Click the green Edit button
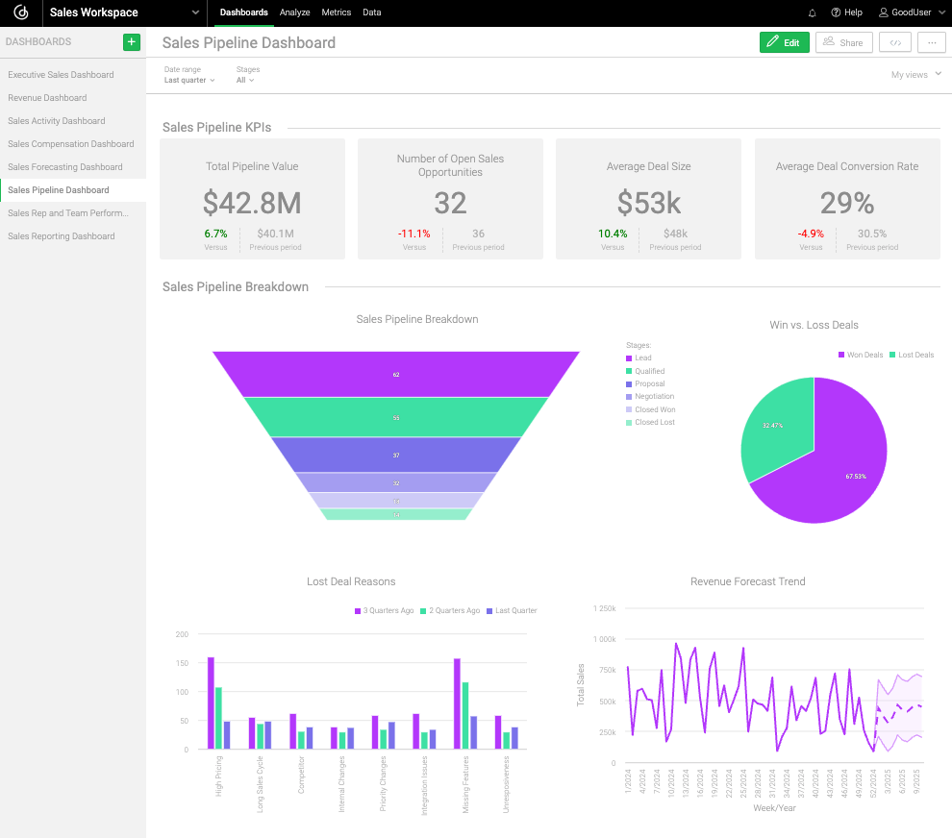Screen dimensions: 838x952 [784, 42]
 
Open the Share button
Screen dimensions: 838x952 [843, 42]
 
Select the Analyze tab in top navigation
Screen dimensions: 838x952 [294, 12]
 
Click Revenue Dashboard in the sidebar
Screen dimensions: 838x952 [47, 98]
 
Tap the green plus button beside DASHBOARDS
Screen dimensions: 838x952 [132, 42]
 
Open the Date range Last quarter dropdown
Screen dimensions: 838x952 [189, 80]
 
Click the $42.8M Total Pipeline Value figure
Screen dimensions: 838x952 [252, 203]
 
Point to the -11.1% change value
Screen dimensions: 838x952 [413, 234]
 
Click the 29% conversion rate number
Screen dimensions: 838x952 [846, 203]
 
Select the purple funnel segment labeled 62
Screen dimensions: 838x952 [396, 374]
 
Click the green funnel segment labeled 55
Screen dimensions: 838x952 [396, 418]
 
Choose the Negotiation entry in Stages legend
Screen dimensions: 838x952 [654, 396]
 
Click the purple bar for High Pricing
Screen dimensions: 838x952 [211, 702]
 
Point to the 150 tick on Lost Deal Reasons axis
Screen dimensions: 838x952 [182, 663]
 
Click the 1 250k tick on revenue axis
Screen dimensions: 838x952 [604, 608]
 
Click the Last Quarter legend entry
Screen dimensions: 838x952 [514, 610]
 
